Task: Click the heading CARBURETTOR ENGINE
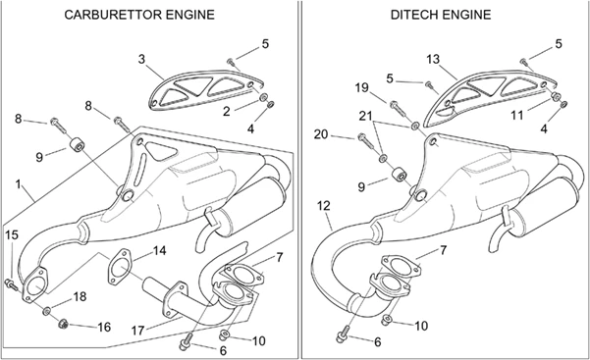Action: click(139, 15)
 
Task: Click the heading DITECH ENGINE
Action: click(441, 15)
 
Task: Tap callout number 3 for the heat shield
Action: click(141, 59)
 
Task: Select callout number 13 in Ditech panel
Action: click(433, 59)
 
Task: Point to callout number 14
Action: click(160, 250)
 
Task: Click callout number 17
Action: click(137, 331)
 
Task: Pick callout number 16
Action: click(104, 327)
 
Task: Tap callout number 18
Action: click(80, 297)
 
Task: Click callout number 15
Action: click(12, 235)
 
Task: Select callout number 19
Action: click(361, 87)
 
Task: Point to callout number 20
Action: click(321, 134)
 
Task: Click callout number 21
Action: click(365, 116)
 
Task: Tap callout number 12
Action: click(323, 206)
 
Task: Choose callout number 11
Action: click(517, 115)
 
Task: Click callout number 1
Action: click(18, 184)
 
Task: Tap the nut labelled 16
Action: click(63, 323)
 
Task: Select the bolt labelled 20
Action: click(366, 142)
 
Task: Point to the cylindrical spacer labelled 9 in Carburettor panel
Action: click(78, 145)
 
